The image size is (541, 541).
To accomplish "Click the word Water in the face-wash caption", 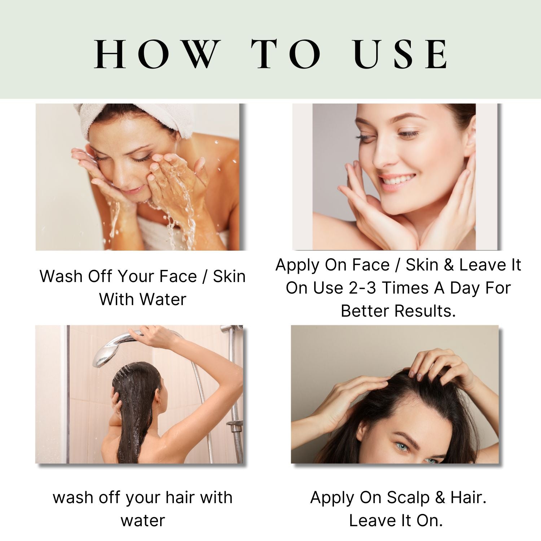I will coord(163,299).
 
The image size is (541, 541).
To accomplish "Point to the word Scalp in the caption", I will coord(409,498).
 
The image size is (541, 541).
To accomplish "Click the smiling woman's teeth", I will coord(397,179).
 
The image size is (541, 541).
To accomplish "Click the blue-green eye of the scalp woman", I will coord(403,447).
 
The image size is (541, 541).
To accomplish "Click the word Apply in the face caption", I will coord(298,265).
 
